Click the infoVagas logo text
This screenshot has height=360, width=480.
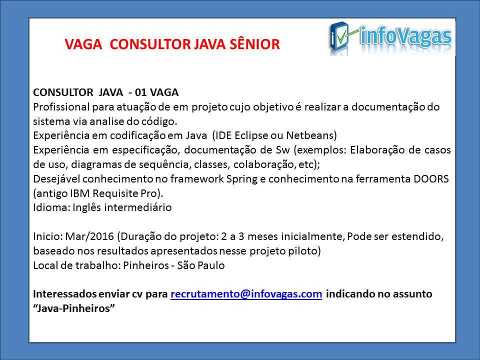coord(405,36)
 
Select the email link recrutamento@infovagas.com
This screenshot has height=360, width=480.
coord(246,294)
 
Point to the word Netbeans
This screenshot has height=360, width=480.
coord(310,135)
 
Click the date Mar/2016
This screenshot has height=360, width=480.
coord(89,236)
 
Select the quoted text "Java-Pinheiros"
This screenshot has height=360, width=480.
coord(74,308)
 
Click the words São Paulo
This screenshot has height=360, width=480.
coord(201,265)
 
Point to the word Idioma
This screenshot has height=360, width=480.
coord(51,207)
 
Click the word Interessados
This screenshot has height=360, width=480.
coord(64,294)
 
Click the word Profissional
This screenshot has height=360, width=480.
coord(61,107)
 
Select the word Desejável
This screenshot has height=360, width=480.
coord(56,179)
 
